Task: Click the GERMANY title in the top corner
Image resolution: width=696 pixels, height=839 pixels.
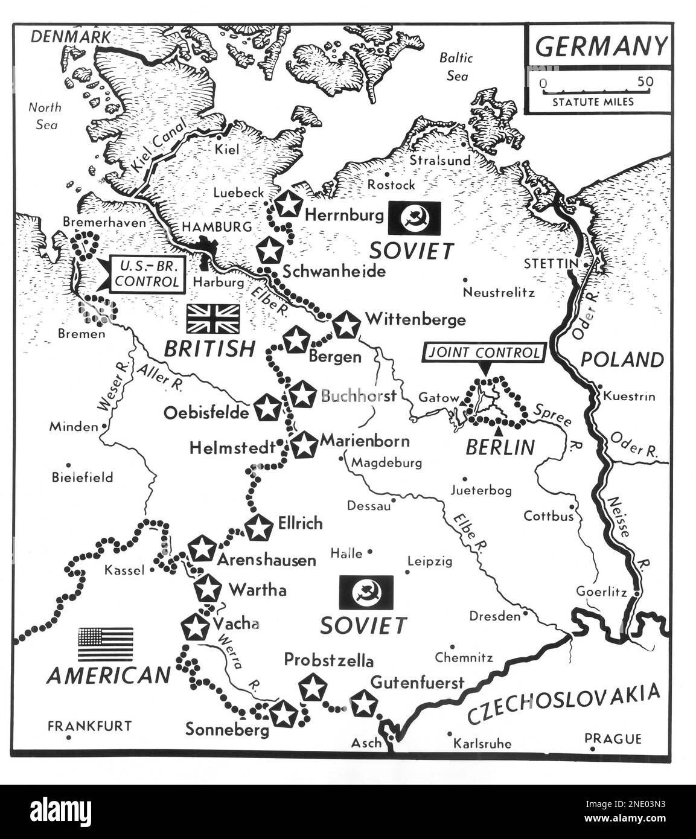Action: pos(601,46)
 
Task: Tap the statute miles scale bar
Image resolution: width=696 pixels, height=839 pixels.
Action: pos(595,91)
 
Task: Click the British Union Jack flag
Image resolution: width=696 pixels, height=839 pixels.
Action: pos(213,319)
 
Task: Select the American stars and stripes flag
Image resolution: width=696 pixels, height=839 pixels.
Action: pos(106,644)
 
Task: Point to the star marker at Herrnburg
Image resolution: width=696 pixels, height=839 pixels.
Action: pos(288,204)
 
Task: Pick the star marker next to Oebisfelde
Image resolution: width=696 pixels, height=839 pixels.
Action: pos(267,408)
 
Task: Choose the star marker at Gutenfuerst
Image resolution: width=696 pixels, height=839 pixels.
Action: pos(363,704)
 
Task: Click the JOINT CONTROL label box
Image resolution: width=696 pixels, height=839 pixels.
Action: pos(483,353)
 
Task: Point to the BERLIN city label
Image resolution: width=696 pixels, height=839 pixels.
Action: pos(500,447)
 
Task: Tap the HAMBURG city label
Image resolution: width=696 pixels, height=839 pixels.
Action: pos(217,227)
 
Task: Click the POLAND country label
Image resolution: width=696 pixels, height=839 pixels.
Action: pos(622,360)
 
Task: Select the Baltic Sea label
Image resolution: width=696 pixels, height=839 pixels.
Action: pos(456,66)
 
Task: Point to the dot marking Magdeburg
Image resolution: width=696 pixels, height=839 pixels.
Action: pos(342,459)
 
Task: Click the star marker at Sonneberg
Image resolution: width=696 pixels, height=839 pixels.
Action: pos(283,714)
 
